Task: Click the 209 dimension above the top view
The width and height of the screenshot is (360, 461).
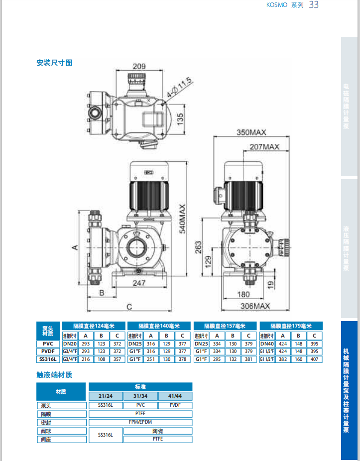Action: click(x=138, y=66)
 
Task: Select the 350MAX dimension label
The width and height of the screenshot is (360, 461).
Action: click(x=251, y=132)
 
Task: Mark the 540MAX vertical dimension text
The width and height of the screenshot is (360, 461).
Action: click(x=183, y=219)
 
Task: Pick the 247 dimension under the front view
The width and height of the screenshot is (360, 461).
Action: click(x=139, y=283)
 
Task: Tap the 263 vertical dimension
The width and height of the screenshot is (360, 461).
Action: click(x=198, y=247)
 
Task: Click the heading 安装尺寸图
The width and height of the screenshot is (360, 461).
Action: click(x=54, y=63)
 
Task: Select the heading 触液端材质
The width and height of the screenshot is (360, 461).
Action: click(x=54, y=375)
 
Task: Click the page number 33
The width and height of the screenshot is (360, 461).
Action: click(x=314, y=5)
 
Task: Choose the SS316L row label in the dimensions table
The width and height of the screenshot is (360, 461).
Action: click(x=48, y=359)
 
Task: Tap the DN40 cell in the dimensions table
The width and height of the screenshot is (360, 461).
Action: click(x=267, y=344)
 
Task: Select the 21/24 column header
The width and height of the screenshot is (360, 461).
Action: click(x=106, y=396)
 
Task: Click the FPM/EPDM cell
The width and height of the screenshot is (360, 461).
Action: click(x=140, y=422)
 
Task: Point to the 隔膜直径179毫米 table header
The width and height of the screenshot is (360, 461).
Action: click(x=291, y=326)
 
